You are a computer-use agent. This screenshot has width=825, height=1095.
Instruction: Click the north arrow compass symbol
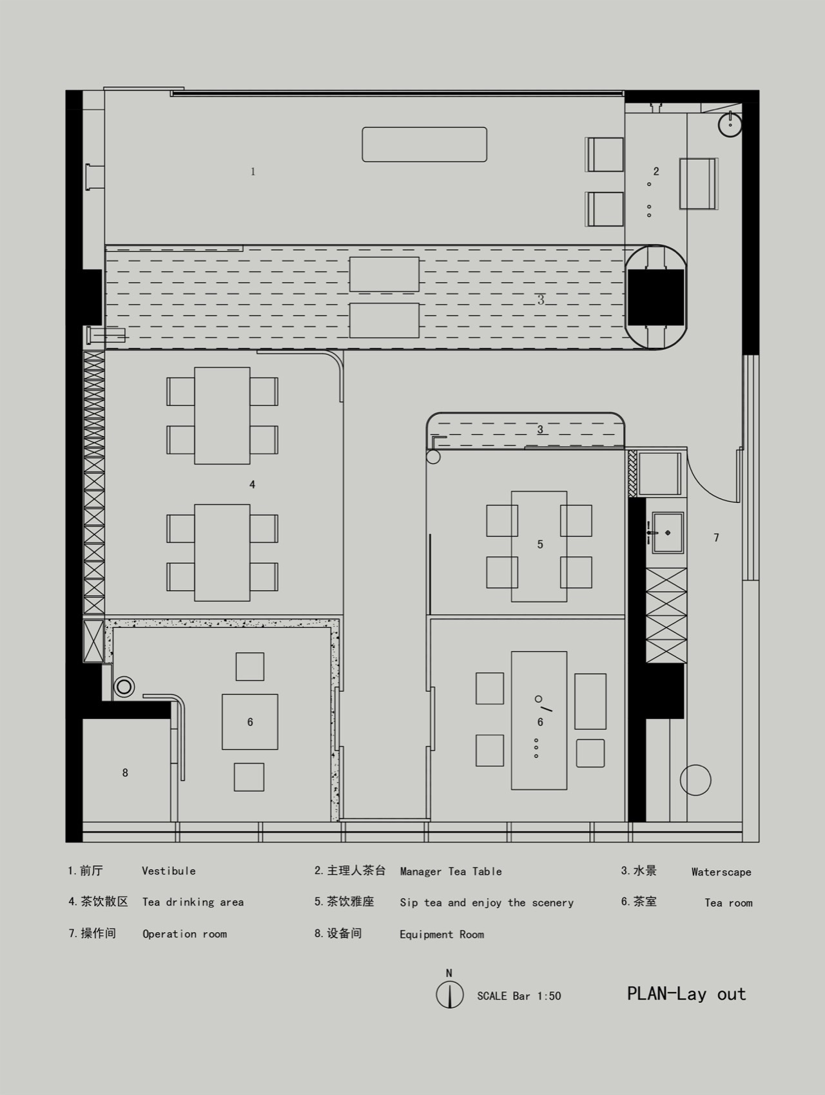tap(449, 994)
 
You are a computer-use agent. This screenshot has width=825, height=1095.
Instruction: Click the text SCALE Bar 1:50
tap(519, 996)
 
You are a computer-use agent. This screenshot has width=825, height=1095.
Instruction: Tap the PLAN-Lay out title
tap(686, 994)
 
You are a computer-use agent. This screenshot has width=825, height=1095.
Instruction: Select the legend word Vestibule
tap(169, 871)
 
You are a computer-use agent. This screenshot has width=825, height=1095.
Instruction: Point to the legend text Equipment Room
tap(442, 934)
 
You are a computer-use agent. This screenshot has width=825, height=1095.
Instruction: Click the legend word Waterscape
tap(721, 872)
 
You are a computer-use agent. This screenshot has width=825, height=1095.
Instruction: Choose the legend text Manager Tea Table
tap(451, 871)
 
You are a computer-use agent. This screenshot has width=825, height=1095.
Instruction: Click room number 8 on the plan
tap(125, 773)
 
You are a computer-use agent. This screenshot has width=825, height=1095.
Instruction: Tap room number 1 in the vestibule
tap(253, 171)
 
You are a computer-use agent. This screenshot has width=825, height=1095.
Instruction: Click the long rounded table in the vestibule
tap(424, 144)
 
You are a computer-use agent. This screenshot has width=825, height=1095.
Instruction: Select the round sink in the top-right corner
tap(730, 124)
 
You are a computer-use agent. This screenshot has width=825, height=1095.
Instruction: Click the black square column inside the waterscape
tap(655, 297)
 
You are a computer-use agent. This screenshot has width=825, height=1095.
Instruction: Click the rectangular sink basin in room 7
tap(668, 533)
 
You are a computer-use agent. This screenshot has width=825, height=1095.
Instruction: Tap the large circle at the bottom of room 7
tap(695, 780)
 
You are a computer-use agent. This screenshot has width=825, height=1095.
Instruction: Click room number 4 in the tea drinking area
tap(252, 484)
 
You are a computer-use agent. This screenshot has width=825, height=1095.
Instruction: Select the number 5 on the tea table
tap(540, 545)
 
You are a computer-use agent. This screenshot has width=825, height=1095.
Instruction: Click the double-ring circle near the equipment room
tap(124, 687)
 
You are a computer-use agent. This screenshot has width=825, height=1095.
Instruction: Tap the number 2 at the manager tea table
tap(656, 171)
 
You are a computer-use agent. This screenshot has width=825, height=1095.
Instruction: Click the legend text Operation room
tap(184, 934)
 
